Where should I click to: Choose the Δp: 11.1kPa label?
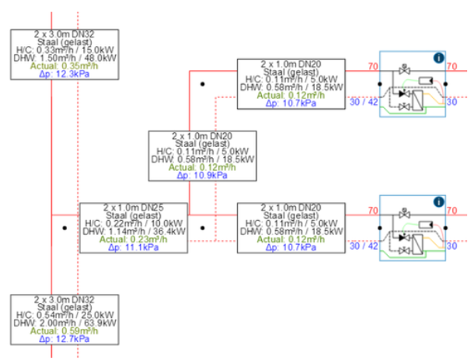point(134,247)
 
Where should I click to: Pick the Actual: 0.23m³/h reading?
point(134,239)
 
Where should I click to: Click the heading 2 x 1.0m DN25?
point(134,208)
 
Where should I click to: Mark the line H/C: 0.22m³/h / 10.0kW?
point(134,224)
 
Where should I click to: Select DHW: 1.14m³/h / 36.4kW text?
point(134,232)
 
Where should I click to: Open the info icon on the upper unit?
point(438,57)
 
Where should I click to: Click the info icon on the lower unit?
point(438,201)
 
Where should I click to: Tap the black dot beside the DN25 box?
point(64,229)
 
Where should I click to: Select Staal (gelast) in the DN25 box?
point(134,215)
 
